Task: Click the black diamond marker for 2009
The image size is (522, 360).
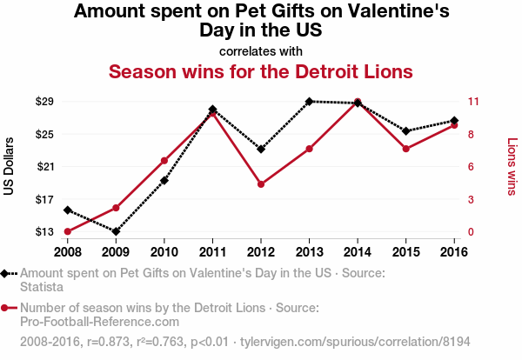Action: tap(116, 231)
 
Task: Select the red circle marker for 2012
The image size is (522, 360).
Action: tap(261, 184)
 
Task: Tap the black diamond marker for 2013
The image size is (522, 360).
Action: tap(309, 102)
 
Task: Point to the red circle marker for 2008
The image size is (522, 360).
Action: tap(67, 231)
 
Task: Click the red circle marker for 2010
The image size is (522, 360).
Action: tap(164, 161)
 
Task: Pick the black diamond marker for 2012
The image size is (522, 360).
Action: tap(261, 149)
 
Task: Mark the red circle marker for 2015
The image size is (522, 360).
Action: tap(405, 149)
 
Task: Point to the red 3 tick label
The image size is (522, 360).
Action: tap(471, 199)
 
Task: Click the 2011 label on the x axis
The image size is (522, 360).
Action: tap(212, 251)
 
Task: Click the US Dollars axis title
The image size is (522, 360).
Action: tap(10, 166)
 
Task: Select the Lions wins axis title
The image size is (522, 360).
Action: tap(512, 166)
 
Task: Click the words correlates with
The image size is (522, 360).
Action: tap(260, 50)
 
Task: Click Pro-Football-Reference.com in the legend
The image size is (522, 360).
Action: tap(99, 322)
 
